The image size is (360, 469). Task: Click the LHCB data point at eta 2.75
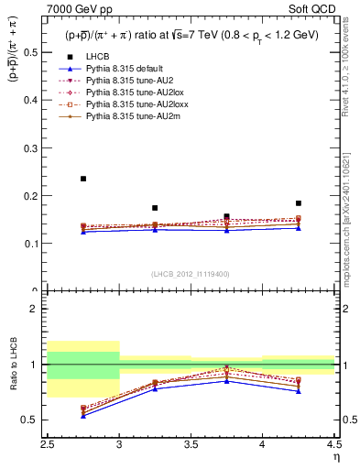pos(83,179)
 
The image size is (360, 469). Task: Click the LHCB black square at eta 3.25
pos(155,208)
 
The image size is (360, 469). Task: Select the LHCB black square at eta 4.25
pos(299,203)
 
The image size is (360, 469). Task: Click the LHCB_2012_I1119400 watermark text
pos(191,274)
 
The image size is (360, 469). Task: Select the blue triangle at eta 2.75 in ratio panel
pos(83,416)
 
